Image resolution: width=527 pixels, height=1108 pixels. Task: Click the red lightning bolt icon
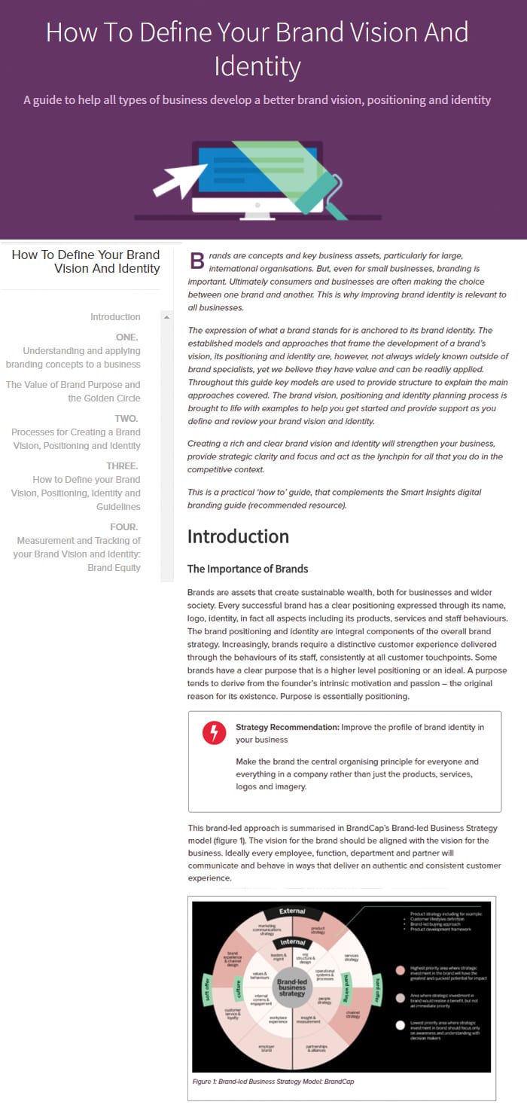click(x=215, y=732)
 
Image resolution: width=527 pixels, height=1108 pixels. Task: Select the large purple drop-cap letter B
click(x=196, y=261)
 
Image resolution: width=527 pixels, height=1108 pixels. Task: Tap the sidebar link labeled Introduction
click(x=115, y=317)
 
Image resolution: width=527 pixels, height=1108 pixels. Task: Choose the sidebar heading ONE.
click(x=126, y=337)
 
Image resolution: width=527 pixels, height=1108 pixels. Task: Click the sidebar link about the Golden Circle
click(x=73, y=391)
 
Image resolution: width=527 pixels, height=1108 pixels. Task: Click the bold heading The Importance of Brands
click(x=248, y=569)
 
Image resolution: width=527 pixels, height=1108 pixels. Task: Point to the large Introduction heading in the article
click(x=238, y=536)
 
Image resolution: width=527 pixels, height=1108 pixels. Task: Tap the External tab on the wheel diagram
click(x=292, y=911)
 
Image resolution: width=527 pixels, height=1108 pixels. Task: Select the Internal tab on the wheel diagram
click(x=292, y=942)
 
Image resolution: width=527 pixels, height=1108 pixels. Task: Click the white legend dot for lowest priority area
click(x=400, y=1025)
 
